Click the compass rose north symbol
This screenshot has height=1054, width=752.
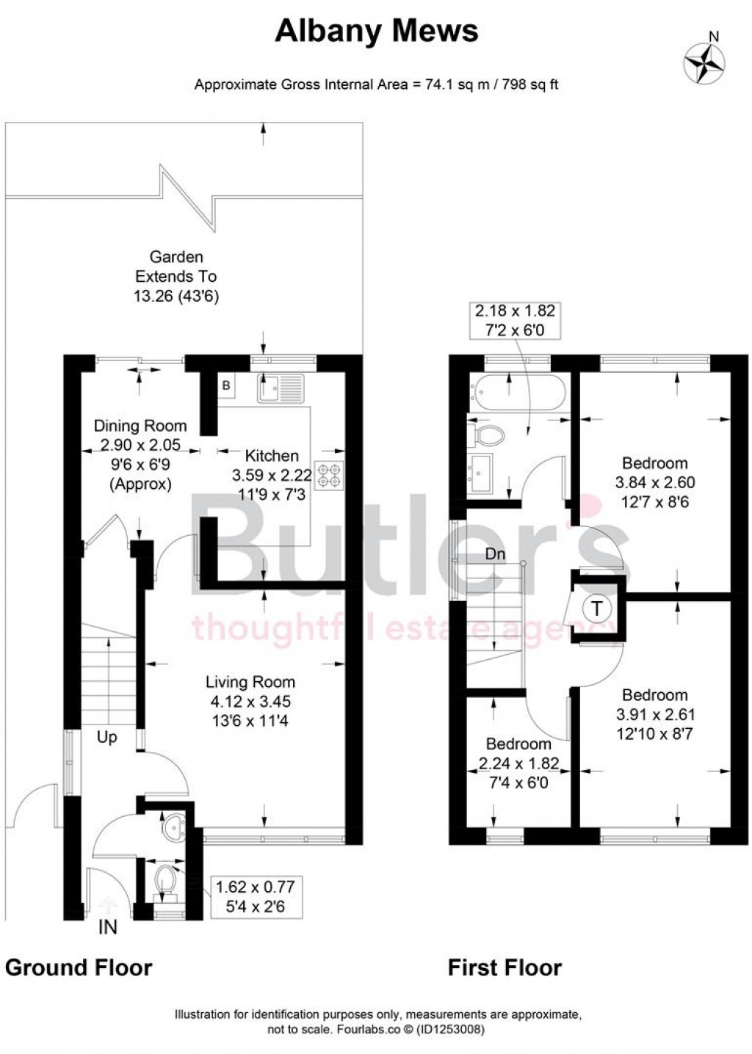tap(703, 60)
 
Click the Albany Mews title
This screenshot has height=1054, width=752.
tap(376, 31)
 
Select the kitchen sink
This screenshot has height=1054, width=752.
tap(280, 388)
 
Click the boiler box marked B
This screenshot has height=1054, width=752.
tap(226, 385)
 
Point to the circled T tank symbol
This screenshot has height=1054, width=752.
tap(596, 608)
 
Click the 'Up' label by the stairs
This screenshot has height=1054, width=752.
tap(107, 737)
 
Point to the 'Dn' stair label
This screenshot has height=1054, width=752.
tap(496, 554)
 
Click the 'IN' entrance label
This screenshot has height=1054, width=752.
tap(108, 928)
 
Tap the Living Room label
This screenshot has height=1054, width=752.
tap(250, 682)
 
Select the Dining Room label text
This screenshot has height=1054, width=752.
tap(140, 426)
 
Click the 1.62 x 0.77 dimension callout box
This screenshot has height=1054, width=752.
tap(250, 897)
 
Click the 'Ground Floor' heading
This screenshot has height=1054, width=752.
tap(79, 967)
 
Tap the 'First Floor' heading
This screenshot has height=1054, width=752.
tap(505, 967)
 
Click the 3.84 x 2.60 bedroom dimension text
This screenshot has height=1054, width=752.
tap(654, 483)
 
